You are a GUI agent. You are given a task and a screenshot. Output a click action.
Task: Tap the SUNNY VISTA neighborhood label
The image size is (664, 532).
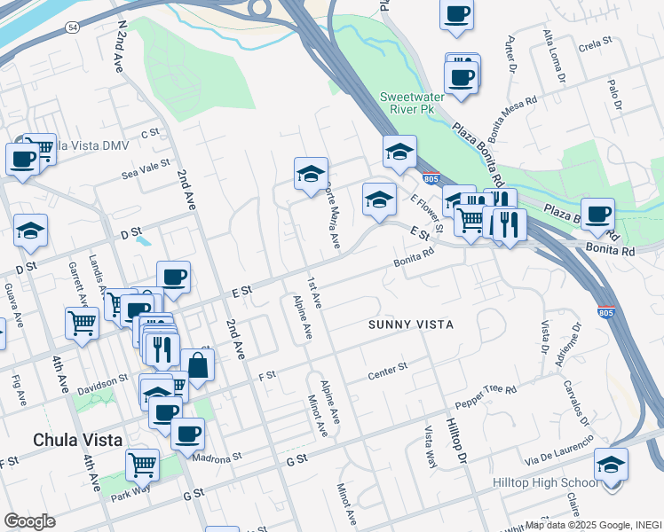411,325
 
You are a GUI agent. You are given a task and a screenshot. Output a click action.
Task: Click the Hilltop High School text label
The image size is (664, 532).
545,482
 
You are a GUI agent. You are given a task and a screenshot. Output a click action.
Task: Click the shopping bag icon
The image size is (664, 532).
197,364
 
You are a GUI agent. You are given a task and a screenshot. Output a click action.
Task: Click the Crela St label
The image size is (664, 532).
595,42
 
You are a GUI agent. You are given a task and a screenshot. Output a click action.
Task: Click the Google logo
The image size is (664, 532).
29,521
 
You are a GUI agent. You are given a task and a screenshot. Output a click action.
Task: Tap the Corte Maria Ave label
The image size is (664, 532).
333,214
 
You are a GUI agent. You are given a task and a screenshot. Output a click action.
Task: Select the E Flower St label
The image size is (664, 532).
426,214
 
